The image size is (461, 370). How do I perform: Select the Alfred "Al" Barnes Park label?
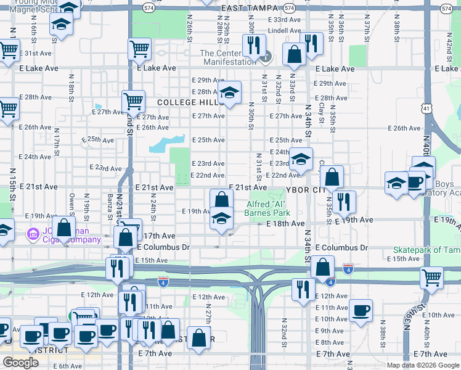[x=271, y=208]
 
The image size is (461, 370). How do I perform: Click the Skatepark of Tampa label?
[x=426, y=250]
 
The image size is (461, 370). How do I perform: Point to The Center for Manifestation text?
[x=227, y=57]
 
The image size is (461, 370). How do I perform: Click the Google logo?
[x=20, y=363]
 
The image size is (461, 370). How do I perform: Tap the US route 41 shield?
[x=426, y=109]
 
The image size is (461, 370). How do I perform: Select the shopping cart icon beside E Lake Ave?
[x=140, y=49]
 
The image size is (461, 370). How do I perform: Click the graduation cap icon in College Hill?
[x=230, y=94]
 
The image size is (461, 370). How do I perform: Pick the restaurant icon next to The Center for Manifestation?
[x=253, y=44]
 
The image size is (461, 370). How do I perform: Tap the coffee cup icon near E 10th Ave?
[x=361, y=310]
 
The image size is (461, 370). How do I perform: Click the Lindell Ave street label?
[x=284, y=30]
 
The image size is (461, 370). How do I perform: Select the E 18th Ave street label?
[x=286, y=223]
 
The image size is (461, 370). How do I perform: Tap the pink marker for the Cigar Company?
[x=32, y=234]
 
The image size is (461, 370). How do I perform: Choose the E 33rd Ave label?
[x=285, y=20]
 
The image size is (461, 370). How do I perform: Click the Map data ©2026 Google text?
[x=423, y=365]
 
